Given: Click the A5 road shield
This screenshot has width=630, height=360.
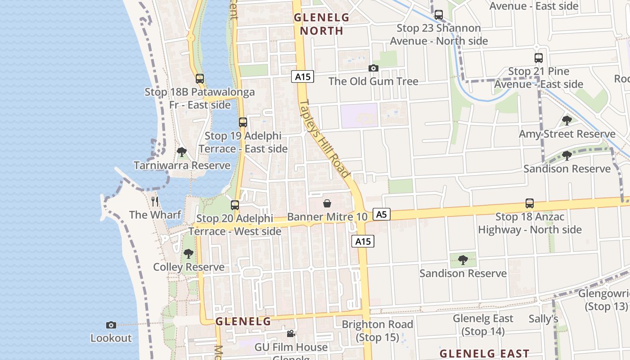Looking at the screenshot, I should [x=381, y=214].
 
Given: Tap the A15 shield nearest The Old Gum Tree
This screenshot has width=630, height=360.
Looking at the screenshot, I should [x=302, y=76].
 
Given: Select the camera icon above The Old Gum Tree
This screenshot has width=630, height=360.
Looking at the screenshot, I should [x=373, y=68].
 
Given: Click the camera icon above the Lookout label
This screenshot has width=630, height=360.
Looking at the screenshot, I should [x=111, y=325].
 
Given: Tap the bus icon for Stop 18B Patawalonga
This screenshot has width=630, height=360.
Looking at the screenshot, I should [x=200, y=79].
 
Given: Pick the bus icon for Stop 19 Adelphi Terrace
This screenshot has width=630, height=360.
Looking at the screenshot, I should [x=243, y=122].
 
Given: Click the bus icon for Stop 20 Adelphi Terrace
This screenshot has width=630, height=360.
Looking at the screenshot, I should [x=235, y=205].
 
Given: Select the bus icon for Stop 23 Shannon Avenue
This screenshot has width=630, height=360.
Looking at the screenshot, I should [x=438, y=15].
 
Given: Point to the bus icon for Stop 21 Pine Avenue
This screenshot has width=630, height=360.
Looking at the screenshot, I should [x=538, y=58].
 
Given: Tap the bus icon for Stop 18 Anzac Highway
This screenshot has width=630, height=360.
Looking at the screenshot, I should [x=530, y=203].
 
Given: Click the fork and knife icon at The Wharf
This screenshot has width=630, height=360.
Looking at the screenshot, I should [x=155, y=201].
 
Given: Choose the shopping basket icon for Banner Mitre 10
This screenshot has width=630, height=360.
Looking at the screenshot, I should [x=327, y=204].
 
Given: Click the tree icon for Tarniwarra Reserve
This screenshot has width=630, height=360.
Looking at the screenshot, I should [x=182, y=152].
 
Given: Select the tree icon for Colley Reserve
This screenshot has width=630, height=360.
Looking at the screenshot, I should [x=189, y=254].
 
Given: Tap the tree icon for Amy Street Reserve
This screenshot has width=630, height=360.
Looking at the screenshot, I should [x=567, y=121].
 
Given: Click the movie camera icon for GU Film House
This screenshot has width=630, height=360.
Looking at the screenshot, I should [x=291, y=334].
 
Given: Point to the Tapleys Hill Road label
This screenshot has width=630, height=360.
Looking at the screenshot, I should [x=325, y=138].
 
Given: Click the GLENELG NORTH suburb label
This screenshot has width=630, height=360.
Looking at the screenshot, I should [x=321, y=24].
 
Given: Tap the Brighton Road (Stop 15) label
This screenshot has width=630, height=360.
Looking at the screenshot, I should [x=377, y=331].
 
